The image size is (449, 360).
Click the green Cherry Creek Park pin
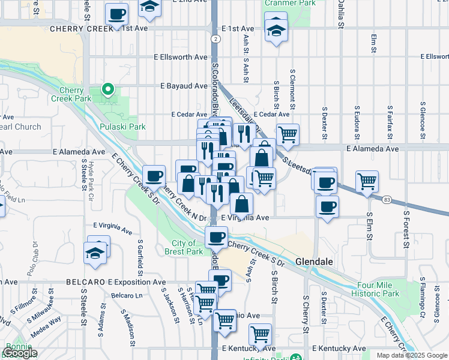coord(108,90)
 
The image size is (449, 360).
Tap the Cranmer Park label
coord(282,3)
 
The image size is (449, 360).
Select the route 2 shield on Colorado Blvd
coord(214,38)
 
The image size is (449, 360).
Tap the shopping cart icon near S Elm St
coord(367,181)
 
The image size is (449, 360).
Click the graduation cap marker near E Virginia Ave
coord(97,253)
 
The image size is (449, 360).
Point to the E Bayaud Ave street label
coord(184,86)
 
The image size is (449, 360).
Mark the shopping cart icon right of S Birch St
coord(288,135)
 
